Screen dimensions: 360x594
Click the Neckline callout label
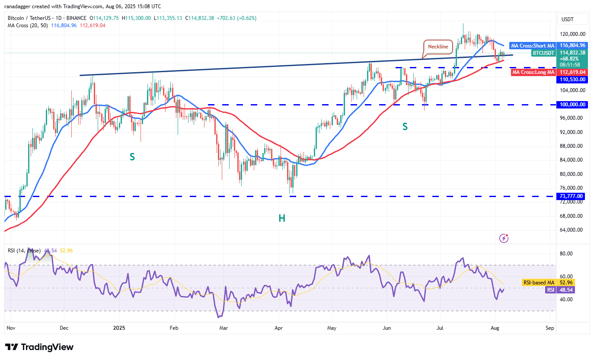pos(438,46)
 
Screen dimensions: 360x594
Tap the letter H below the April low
pos(282,218)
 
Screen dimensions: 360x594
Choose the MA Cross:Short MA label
pos(532,45)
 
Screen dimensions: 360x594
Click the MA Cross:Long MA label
pos(533,72)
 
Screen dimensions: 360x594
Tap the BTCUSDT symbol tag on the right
pos(543,53)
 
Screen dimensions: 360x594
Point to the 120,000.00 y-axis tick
pos(572,34)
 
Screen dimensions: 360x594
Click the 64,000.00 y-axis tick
pos(572,230)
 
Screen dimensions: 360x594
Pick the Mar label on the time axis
pos(224,328)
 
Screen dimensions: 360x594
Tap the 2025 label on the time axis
pos(119,328)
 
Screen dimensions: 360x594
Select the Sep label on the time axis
pos(550,328)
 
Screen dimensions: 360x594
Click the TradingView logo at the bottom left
pos(39,347)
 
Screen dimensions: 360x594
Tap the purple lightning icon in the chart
pos(504,238)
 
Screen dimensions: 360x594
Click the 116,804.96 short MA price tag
pos(572,45)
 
